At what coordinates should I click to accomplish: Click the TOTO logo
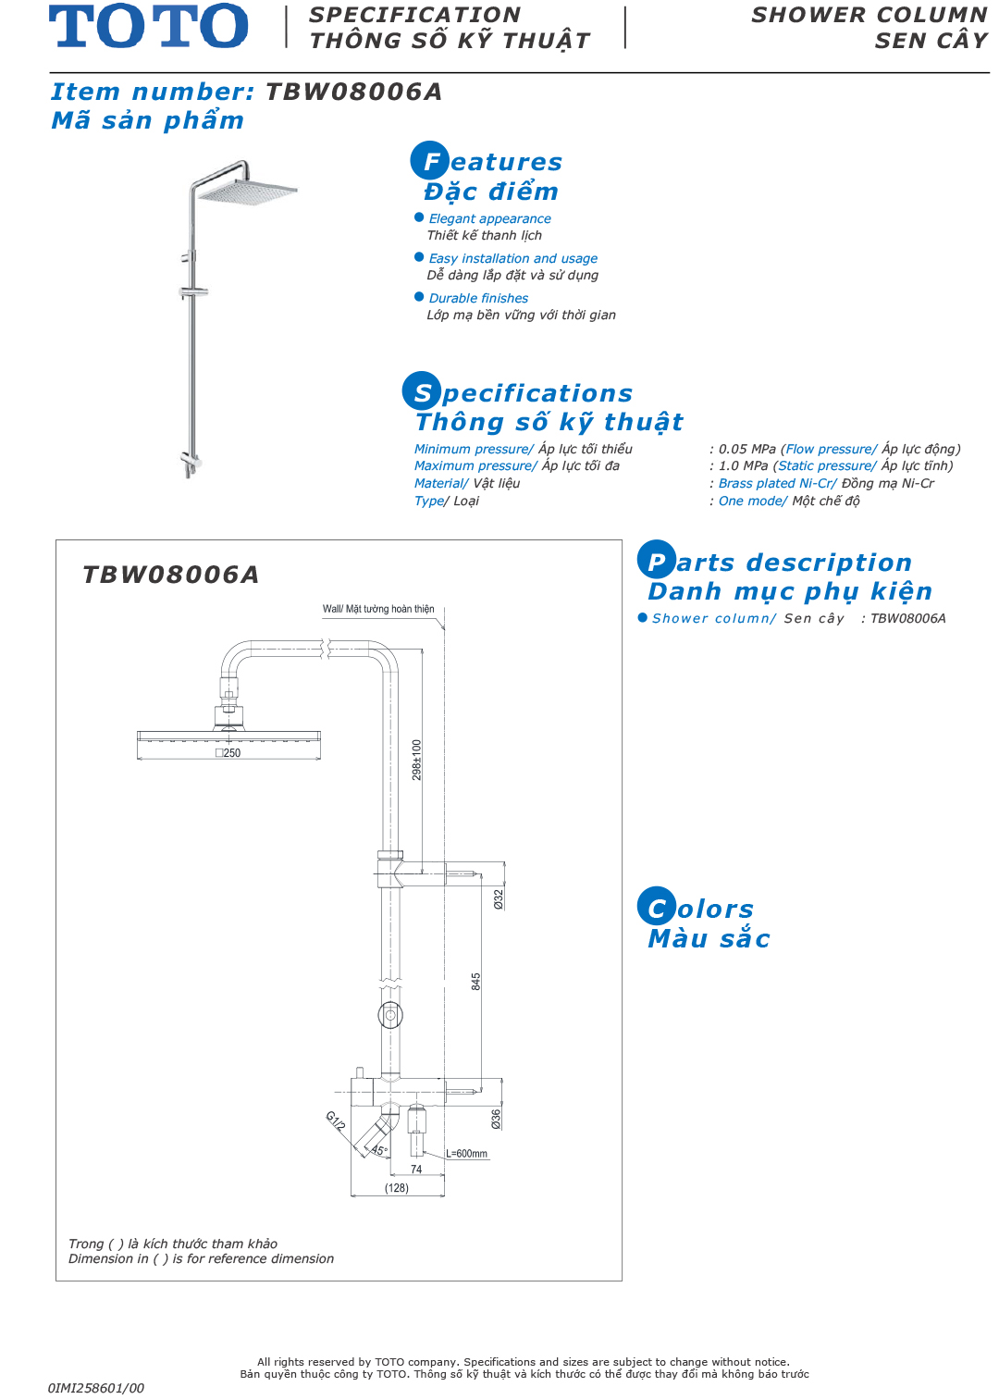(x=149, y=25)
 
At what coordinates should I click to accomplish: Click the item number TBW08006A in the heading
(x=354, y=92)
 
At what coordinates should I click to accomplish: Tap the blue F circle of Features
(x=429, y=160)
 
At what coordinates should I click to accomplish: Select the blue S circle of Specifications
(x=422, y=391)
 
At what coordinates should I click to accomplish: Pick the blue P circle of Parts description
(x=656, y=560)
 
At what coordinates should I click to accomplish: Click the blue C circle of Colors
(x=656, y=906)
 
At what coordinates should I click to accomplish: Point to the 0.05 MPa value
(x=746, y=449)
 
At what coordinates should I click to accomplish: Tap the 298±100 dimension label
(x=416, y=760)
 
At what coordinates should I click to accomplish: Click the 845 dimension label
(x=475, y=982)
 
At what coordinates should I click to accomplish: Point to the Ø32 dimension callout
(x=499, y=899)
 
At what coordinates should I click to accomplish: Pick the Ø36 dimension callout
(x=496, y=1119)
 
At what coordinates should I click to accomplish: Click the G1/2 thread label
(x=335, y=1121)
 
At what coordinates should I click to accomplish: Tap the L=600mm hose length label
(x=466, y=1154)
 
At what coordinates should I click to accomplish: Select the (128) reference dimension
(x=397, y=1188)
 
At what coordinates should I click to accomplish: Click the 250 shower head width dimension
(x=228, y=753)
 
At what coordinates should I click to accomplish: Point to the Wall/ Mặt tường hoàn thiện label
(x=377, y=609)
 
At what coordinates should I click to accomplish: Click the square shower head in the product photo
(x=247, y=191)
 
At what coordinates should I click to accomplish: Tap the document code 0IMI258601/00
(x=95, y=1389)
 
